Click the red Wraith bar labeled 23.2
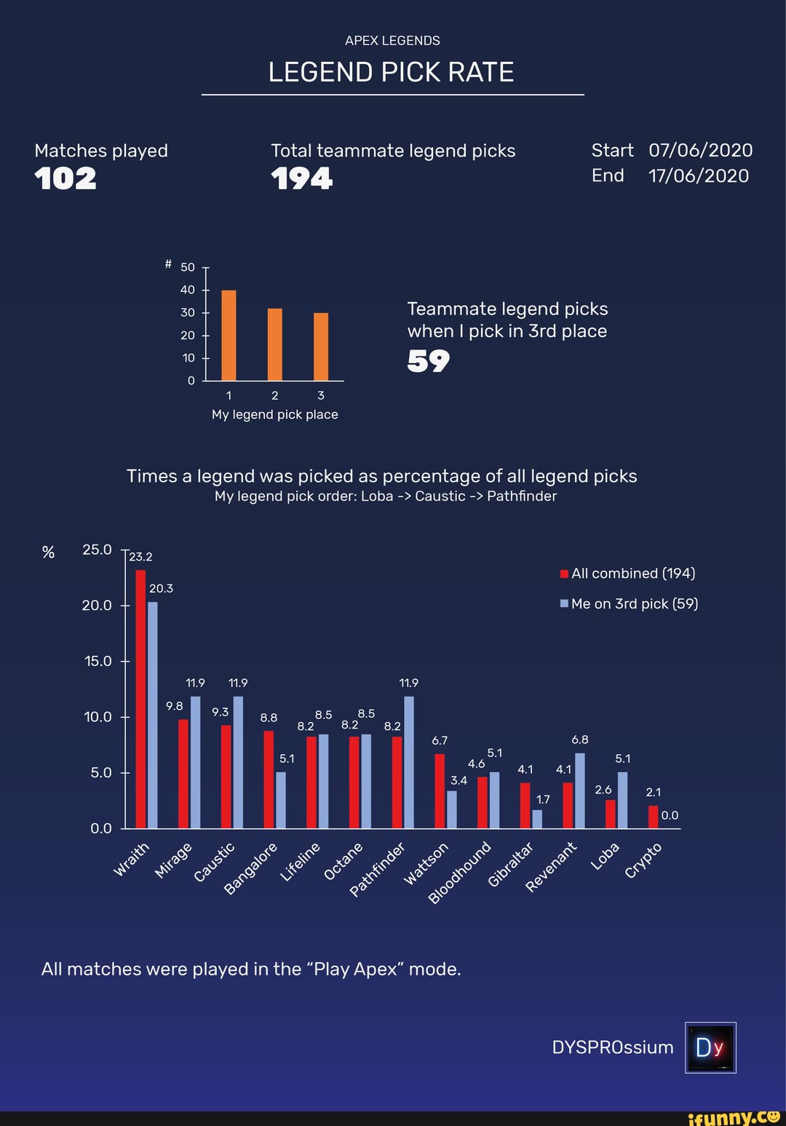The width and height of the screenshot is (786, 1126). coord(140,699)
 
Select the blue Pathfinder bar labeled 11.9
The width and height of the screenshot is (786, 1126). coord(409,762)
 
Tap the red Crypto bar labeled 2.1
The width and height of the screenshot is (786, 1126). coord(653,817)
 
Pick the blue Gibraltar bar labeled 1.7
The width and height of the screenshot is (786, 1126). coord(537,819)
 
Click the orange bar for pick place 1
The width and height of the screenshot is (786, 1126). coord(229,336)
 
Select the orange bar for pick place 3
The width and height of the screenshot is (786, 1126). coord(321,346)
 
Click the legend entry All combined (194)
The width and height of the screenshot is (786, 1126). coord(628,574)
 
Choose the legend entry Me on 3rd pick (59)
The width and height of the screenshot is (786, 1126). coord(630,603)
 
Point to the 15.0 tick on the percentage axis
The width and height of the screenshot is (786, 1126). coord(98,661)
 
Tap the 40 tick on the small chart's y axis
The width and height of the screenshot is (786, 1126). coord(188,290)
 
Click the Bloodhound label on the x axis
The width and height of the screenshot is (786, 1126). coord(460,873)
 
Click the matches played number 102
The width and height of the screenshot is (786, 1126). coord(65,178)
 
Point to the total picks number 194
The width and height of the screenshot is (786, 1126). coord(301,178)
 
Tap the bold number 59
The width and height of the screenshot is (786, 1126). coord(428,360)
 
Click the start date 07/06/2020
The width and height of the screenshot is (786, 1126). coord(700,150)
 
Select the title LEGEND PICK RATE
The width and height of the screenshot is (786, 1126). coord(392,72)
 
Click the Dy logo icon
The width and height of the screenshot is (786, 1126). coord(710,1047)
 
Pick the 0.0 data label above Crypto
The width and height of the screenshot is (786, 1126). coord(670,815)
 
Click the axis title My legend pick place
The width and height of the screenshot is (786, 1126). coord(275,414)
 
